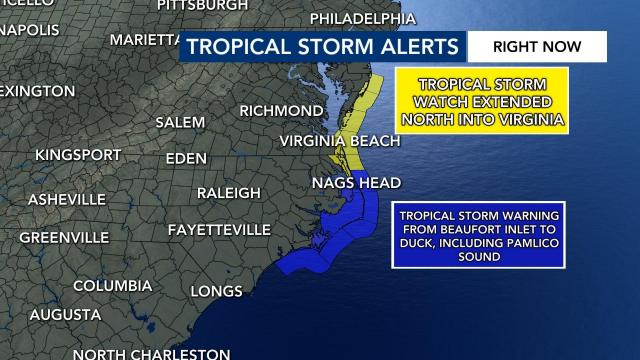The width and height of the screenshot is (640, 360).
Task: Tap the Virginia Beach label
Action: coord(339,141)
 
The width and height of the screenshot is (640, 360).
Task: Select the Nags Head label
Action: coord(356,183)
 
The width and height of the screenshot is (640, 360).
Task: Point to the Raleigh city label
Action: coord(231,192)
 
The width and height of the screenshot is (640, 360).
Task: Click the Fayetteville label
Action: coord(219,230)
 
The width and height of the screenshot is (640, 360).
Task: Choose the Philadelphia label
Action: coord(363,19)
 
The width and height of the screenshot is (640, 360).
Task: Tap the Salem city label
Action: coord(180,122)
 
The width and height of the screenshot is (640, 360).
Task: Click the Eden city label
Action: coord(186,159)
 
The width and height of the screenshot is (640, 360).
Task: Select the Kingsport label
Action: coord(78,155)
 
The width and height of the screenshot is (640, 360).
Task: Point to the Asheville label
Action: coord(67,199)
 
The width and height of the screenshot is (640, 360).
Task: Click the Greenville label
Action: coord(64,237)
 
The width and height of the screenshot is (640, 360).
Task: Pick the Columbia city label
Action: coord(112,286)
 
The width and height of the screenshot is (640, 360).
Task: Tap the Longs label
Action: coord(217,291)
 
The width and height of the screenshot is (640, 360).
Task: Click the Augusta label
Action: coord(65,315)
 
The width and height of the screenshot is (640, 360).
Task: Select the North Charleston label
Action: coord(150,353)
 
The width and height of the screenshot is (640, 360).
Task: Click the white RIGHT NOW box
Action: coord(537,46)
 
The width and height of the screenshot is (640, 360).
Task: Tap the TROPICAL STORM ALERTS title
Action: coord(323,47)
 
